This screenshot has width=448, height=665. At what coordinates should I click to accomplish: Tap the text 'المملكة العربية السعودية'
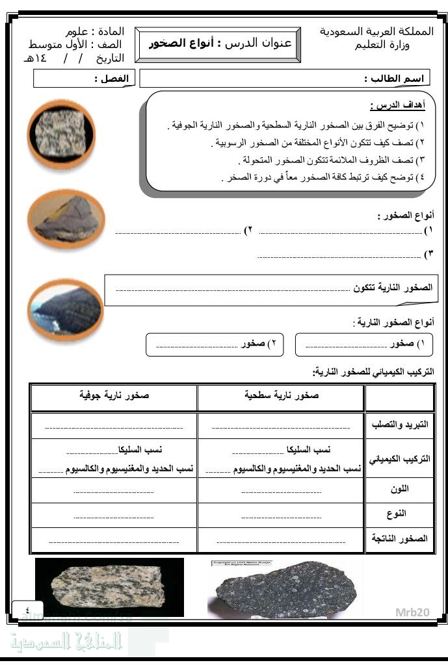tap(376, 31)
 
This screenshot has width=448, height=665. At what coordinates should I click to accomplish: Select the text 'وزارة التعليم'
tap(381, 45)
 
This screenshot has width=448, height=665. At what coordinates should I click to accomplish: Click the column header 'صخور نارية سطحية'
tap(281, 395)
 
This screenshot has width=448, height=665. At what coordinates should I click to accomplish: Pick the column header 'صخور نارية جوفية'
tap(114, 395)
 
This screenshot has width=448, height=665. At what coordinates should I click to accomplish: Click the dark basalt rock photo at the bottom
tap(285, 588)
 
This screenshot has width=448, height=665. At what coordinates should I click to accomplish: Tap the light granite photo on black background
tap(109, 587)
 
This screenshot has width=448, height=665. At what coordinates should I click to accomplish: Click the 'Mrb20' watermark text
tap(413, 612)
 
